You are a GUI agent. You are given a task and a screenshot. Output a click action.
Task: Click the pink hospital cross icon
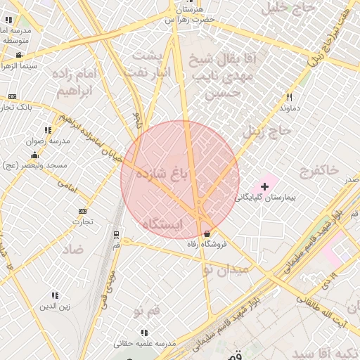click(264, 186)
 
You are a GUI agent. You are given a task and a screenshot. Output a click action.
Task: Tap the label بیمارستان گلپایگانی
click(266, 198)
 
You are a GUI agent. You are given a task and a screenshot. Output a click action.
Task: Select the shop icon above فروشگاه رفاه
click(207, 233)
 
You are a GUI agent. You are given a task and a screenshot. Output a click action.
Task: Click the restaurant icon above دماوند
click(289, 97)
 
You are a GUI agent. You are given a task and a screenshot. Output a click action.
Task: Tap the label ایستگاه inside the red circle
click(162, 224)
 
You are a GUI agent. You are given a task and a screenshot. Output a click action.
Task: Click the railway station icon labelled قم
click(116, 235)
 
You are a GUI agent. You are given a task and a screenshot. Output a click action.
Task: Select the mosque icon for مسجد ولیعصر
click(34, 155)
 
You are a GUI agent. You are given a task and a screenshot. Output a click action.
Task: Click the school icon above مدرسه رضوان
click(48, 130)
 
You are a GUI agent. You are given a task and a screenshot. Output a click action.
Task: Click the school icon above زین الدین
click(55, 295)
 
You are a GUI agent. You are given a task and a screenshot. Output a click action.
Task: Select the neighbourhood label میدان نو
click(229, 269)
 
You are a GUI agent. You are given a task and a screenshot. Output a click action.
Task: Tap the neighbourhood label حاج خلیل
click(285, 8)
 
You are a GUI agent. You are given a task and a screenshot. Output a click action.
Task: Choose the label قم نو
click(148, 309)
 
